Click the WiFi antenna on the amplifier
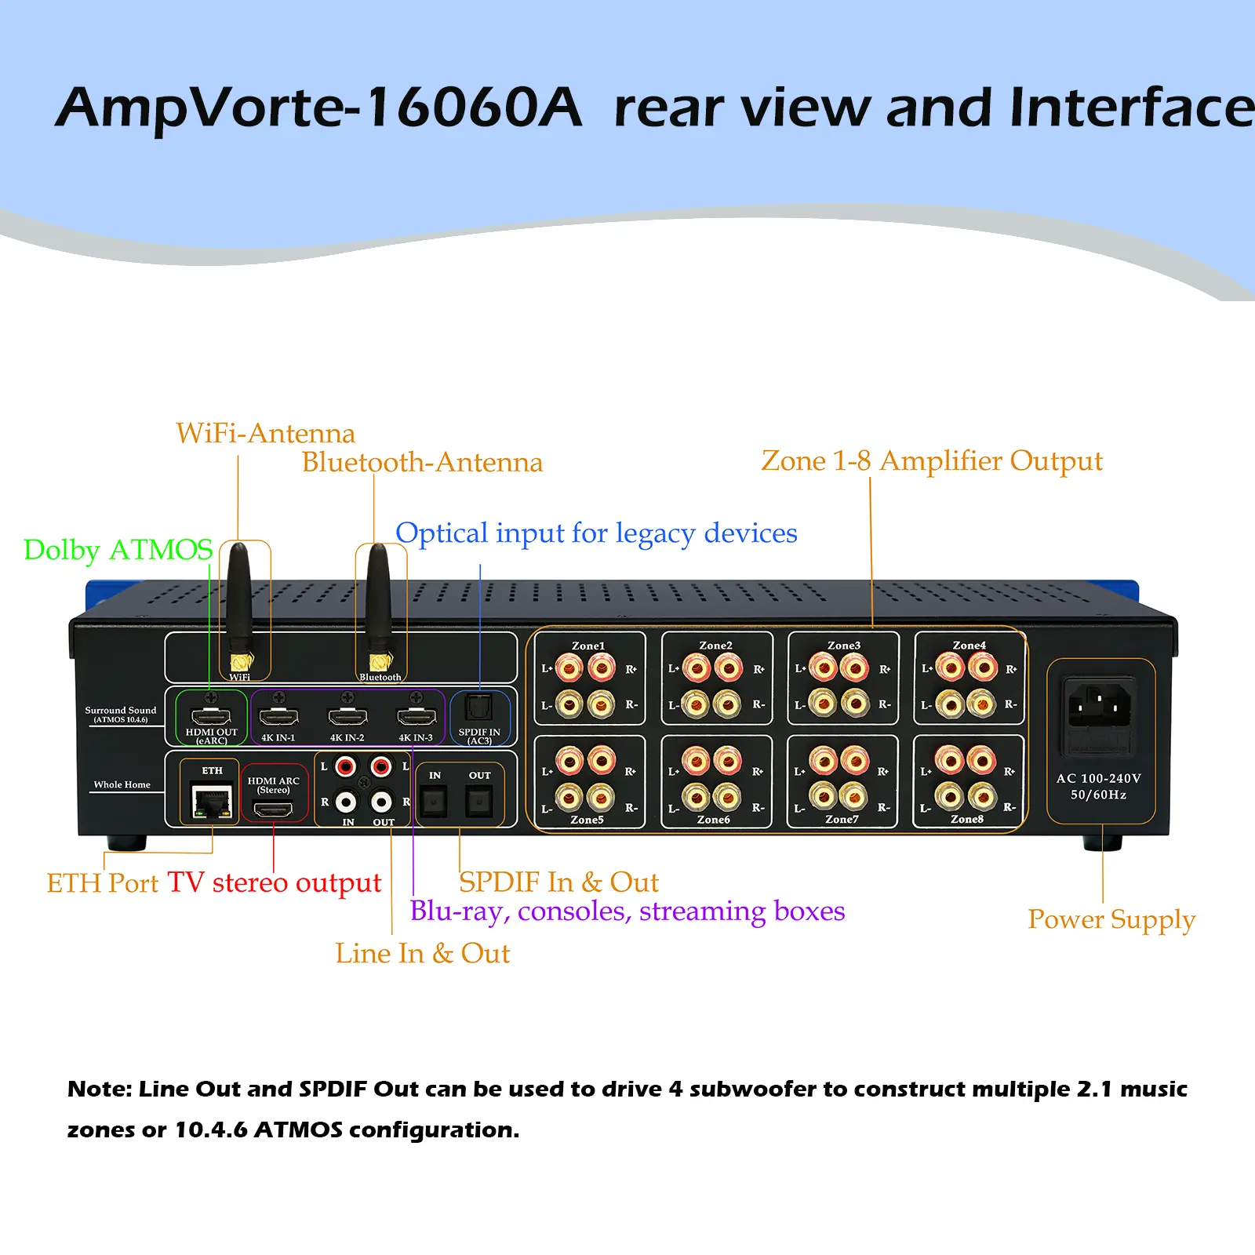click(239, 604)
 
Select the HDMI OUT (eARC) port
click(211, 715)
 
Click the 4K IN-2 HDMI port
click(347, 715)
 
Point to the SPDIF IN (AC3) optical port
click(478, 708)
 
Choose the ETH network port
click(210, 801)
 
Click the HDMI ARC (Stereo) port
click(273, 809)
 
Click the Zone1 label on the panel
click(588, 646)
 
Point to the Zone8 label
click(966, 819)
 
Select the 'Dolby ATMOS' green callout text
click(118, 550)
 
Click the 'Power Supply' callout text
click(1111, 919)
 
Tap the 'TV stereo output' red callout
click(274, 882)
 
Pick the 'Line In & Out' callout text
click(422, 953)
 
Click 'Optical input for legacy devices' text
click(596, 533)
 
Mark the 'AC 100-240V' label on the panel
click(1098, 778)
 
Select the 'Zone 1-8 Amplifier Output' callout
click(931, 461)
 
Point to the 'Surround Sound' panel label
click(121, 710)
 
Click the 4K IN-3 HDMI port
click(417, 715)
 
